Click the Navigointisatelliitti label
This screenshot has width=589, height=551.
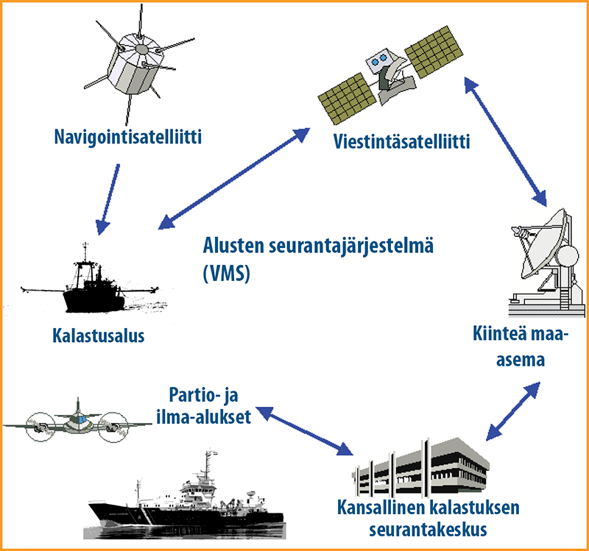(x=127, y=137)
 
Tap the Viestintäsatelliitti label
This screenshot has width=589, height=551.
(x=401, y=141)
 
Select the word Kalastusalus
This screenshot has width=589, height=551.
(x=99, y=335)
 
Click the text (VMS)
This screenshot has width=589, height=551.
(x=227, y=273)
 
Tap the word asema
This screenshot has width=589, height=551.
(x=521, y=360)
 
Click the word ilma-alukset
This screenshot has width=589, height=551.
(x=204, y=416)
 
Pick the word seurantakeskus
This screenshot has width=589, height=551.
(x=428, y=530)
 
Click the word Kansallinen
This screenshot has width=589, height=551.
(x=380, y=507)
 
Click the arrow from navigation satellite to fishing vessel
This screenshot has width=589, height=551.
(x=108, y=199)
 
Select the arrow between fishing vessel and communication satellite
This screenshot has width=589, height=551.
(x=234, y=179)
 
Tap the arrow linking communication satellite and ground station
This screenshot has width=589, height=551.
(x=505, y=141)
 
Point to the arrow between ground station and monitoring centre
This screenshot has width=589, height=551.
(x=513, y=411)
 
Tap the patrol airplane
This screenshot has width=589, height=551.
(x=77, y=422)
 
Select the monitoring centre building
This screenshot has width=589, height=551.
(x=420, y=468)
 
